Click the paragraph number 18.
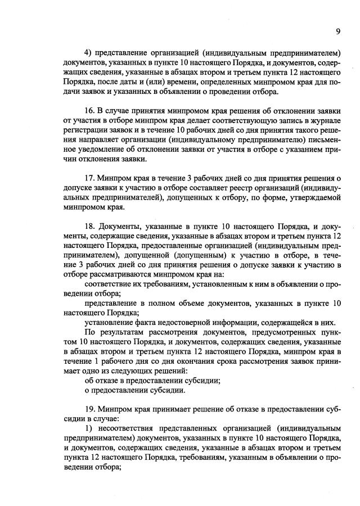tap(89, 226)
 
